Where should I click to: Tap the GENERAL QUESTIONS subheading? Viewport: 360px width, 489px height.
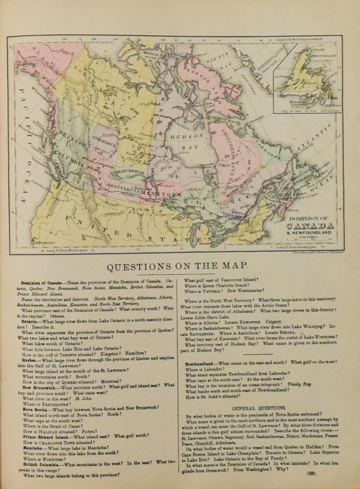(259, 407)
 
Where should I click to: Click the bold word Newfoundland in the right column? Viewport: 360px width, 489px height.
(200, 363)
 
